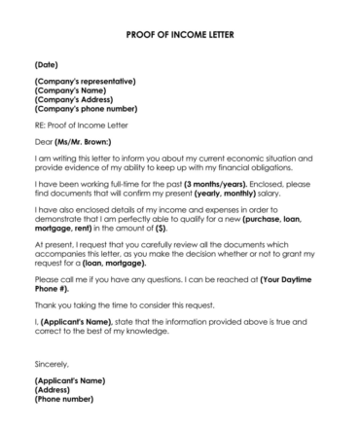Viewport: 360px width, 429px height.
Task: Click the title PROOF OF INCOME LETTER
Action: [x=180, y=34]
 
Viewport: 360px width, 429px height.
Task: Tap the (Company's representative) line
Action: [x=85, y=81]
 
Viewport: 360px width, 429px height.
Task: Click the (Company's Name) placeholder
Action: [x=71, y=89]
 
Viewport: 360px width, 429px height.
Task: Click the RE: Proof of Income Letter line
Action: [x=81, y=125]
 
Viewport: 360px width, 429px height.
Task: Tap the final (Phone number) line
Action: [x=65, y=400]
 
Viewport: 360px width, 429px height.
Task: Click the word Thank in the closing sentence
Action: [x=45, y=306]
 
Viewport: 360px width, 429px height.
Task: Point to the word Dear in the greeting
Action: [x=43, y=143]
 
